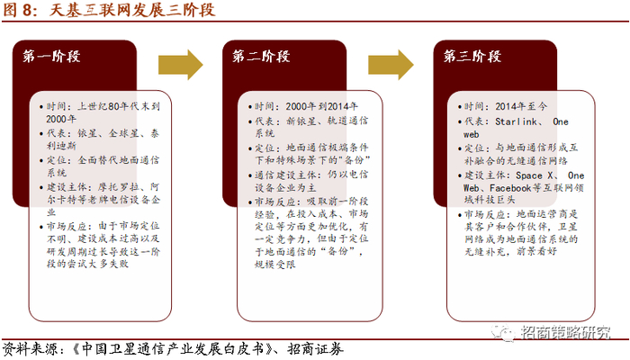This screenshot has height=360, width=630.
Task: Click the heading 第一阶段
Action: [52, 57]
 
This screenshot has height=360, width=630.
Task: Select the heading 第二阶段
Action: [262, 57]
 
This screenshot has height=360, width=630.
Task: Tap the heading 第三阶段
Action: [472, 57]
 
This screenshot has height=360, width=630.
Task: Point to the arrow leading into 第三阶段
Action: [389, 64]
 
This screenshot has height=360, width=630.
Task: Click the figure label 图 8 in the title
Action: [21, 12]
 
